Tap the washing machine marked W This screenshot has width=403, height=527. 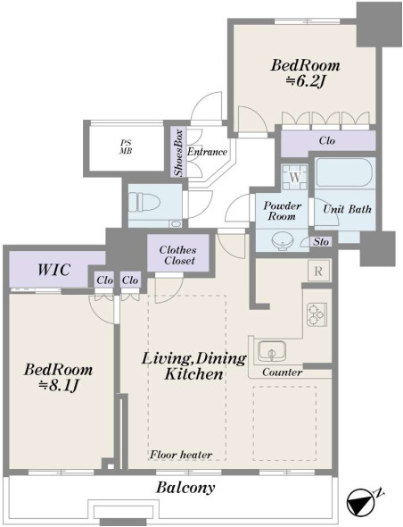point(295,177)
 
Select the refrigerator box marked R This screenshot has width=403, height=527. point(318,271)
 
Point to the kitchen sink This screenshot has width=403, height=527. point(272,352)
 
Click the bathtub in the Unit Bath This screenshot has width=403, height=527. point(344,172)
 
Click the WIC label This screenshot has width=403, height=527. point(53,270)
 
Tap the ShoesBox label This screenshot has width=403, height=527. point(178,152)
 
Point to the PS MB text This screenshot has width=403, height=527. point(126,147)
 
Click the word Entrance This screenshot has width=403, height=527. point(207,152)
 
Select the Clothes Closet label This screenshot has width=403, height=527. point(177,255)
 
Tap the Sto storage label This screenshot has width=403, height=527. point(321,242)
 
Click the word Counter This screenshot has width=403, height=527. point(282,372)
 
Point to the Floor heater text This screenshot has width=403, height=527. point(181,455)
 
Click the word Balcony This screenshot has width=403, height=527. point(185,488)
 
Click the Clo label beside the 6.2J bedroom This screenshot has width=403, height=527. point(327,140)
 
